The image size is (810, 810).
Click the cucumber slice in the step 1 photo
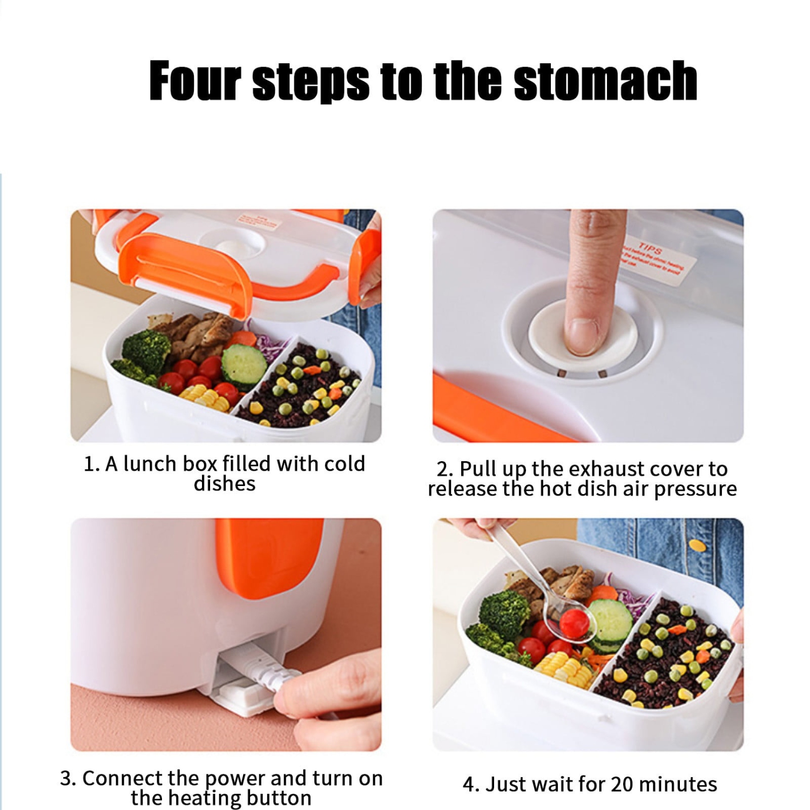click(244, 365)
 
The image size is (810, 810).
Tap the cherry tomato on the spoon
click(573, 623)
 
